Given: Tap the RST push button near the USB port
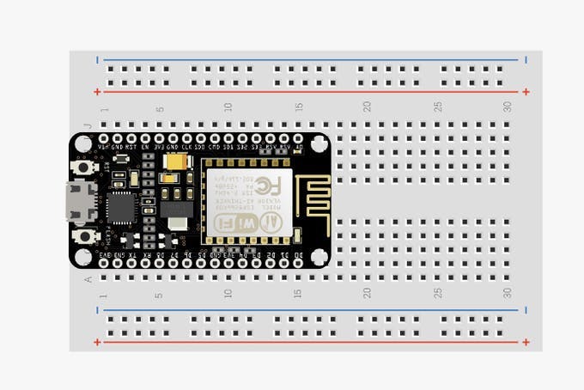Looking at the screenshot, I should click(x=84, y=168).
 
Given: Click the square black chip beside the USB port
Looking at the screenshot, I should click(x=122, y=207).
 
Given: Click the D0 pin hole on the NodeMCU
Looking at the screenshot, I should click(x=298, y=263).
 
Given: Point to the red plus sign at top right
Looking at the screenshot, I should click(x=526, y=91).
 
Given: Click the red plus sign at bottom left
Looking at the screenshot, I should click(x=97, y=342).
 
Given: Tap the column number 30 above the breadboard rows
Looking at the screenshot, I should click(x=508, y=106).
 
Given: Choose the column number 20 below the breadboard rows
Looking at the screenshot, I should click(x=367, y=294).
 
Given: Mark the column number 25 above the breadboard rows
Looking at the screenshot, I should click(x=437, y=106).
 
